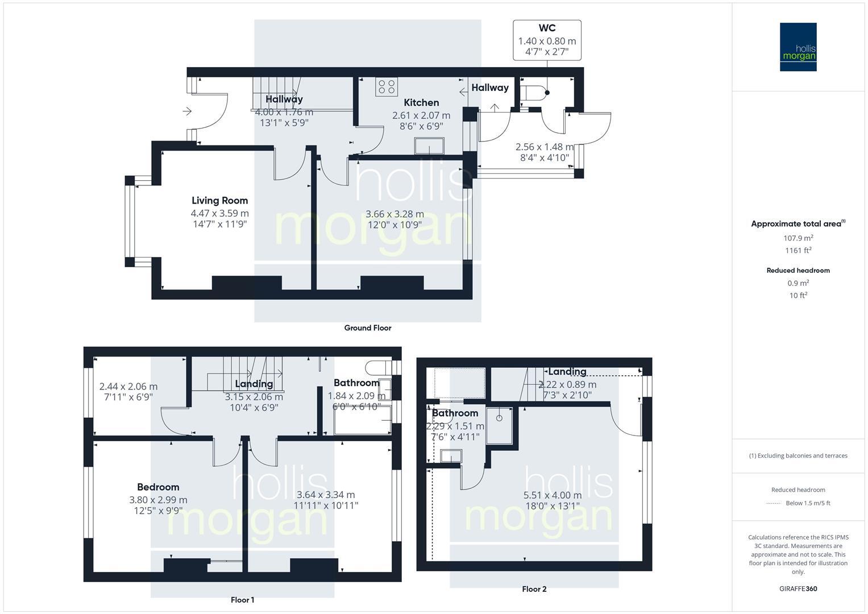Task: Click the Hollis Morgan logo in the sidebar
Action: click(798, 47)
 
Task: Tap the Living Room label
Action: click(219, 200)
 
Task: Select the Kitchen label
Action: click(421, 102)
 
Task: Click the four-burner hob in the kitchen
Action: click(387, 87)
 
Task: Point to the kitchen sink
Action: click(430, 146)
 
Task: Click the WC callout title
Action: click(547, 28)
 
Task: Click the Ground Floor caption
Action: click(368, 328)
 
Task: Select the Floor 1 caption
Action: click(242, 600)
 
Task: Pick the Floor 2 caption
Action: click(534, 589)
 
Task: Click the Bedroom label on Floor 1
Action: click(158, 487)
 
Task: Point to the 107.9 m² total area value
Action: click(798, 238)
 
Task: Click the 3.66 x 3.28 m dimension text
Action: click(394, 214)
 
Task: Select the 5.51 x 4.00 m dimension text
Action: click(552, 495)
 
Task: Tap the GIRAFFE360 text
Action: click(798, 588)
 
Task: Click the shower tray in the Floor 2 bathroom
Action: click(500, 425)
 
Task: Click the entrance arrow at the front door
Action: click(187, 111)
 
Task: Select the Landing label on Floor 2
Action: click(567, 372)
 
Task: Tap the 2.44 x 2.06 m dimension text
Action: click(128, 387)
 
